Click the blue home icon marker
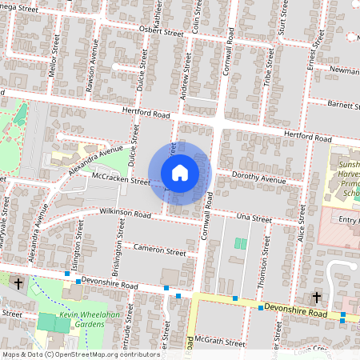point(180,173)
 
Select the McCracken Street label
point(122,180)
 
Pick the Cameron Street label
point(160,251)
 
